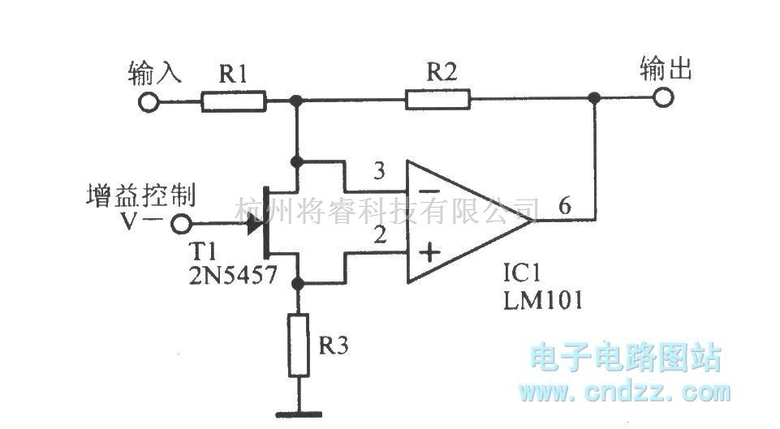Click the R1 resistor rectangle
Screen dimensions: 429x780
(x=234, y=101)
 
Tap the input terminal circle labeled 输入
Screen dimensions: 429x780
(x=148, y=102)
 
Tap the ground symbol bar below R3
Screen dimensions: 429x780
(x=299, y=411)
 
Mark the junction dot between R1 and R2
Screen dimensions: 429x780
(x=298, y=101)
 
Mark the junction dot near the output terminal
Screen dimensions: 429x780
(x=595, y=99)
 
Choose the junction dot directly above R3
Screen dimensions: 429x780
(x=299, y=284)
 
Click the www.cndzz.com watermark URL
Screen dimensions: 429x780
(x=625, y=393)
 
